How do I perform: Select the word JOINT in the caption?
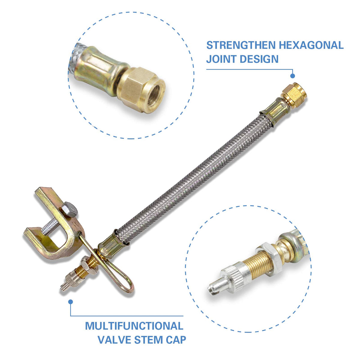pos(221,59)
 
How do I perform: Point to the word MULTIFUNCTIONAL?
pos(134,326)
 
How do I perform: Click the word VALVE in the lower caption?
pos(114,340)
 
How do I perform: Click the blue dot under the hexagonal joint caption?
pos(292,76)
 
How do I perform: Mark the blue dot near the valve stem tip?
pos(70,302)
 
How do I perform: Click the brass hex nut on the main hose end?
pos(294,95)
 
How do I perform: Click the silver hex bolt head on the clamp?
pos(69,209)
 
